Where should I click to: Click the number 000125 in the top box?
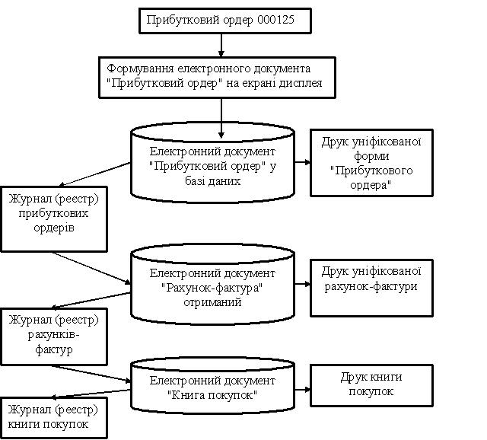[275, 20]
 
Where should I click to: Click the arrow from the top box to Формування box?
[221, 45]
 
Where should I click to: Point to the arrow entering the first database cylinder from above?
[221, 118]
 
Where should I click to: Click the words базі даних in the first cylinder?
[213, 181]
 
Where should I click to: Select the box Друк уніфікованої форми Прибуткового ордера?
[371, 163]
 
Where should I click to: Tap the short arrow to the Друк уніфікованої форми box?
[302, 162]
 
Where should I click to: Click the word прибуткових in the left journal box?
[53, 213]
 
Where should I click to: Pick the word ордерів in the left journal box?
[54, 228]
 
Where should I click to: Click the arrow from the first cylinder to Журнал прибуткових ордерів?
[94, 174]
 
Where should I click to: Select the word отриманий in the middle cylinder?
[212, 302]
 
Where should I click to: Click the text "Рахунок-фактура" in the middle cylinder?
[212, 288]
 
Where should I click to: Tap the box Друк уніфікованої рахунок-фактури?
[371, 288]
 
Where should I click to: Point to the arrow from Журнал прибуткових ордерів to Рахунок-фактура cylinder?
[91, 268]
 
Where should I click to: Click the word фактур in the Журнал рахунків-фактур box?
[54, 349]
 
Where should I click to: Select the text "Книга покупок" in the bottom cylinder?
[212, 395]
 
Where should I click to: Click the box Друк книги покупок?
[371, 386]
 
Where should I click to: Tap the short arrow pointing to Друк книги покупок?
[302, 389]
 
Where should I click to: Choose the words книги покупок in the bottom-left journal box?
[48, 424]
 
